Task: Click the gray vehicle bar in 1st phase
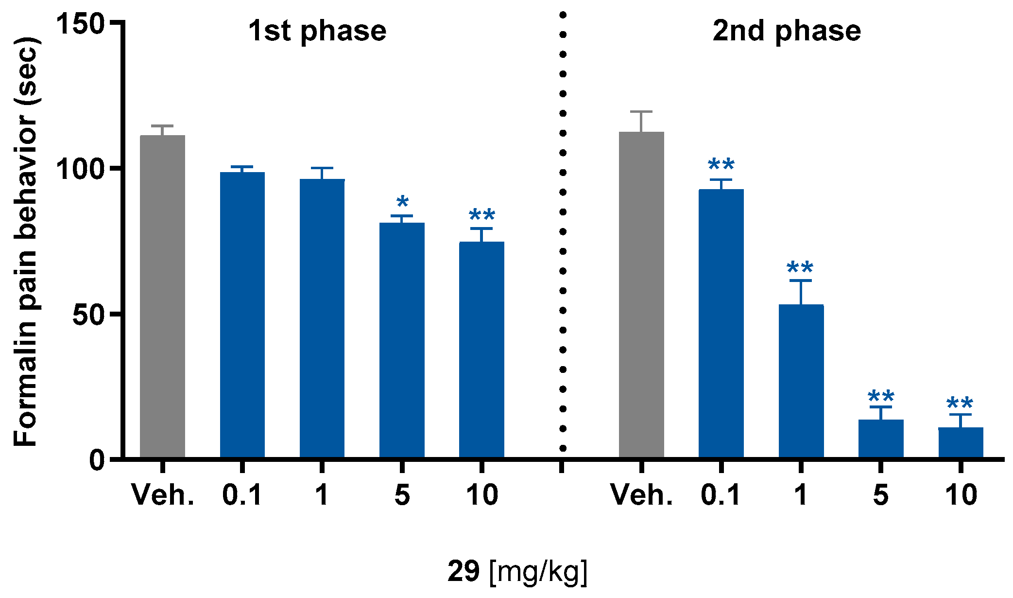coord(162,297)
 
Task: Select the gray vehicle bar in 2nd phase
coord(641,295)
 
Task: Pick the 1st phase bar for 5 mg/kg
coord(402,340)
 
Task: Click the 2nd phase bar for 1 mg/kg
coord(801,381)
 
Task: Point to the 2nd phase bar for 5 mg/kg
coord(880,439)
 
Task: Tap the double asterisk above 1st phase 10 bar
coord(481,215)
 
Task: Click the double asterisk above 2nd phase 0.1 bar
coord(721,165)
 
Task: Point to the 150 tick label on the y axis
coord(81,23)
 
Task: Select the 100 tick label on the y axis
coord(81,169)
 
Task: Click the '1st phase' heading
coord(317,31)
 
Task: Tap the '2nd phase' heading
coord(787,31)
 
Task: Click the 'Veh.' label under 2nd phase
coord(641,495)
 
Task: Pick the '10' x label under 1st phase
coord(481,495)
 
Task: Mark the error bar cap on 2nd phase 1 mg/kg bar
coord(801,281)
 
